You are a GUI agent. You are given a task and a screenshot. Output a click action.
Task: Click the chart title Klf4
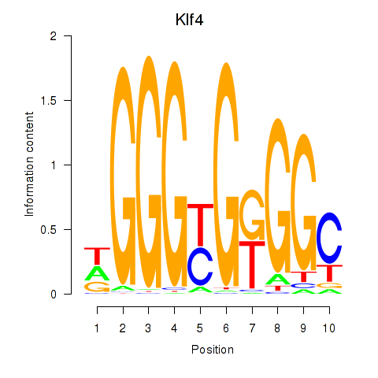click(x=189, y=20)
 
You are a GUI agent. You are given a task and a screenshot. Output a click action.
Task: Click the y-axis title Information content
click(x=29, y=164)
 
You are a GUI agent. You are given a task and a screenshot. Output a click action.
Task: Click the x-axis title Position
click(x=213, y=350)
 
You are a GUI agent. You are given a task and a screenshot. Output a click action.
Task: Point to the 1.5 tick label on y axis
click(x=49, y=100)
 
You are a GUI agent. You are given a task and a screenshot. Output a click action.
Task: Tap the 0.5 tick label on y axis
click(x=49, y=229)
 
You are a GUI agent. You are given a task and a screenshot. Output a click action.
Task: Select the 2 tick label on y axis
click(x=54, y=36)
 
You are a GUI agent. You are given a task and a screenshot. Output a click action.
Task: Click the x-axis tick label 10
click(x=329, y=328)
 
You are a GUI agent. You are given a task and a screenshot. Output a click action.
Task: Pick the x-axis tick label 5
click(x=200, y=328)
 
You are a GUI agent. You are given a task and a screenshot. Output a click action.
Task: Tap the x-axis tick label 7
click(x=252, y=328)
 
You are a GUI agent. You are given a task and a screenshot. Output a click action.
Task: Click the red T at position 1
click(x=97, y=256)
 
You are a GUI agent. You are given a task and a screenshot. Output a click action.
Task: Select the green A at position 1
click(x=97, y=273)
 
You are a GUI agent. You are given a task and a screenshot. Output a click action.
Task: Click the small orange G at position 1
click(x=97, y=287)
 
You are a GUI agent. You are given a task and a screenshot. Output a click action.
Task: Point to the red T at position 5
click(x=201, y=224)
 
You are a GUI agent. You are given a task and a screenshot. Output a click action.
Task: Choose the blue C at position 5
click(x=201, y=266)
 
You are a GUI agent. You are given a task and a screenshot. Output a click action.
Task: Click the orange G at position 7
click(x=252, y=215)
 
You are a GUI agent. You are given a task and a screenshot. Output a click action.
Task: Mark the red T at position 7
click(x=252, y=265)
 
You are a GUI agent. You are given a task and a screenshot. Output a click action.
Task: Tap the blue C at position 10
click(x=330, y=238)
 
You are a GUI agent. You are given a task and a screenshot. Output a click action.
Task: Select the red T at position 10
click(x=330, y=273)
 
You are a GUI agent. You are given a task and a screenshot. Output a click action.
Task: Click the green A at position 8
click(x=278, y=280)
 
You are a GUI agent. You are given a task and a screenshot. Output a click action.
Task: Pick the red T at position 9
click(x=304, y=277)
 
